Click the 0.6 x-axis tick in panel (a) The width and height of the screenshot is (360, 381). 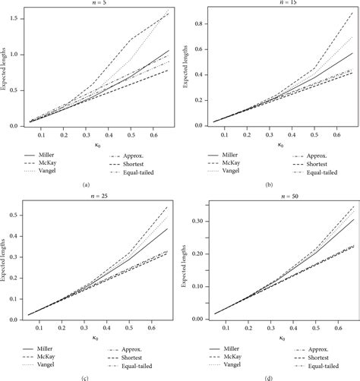coord(156,135)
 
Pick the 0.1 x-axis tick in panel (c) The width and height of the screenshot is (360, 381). coord(41,326)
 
